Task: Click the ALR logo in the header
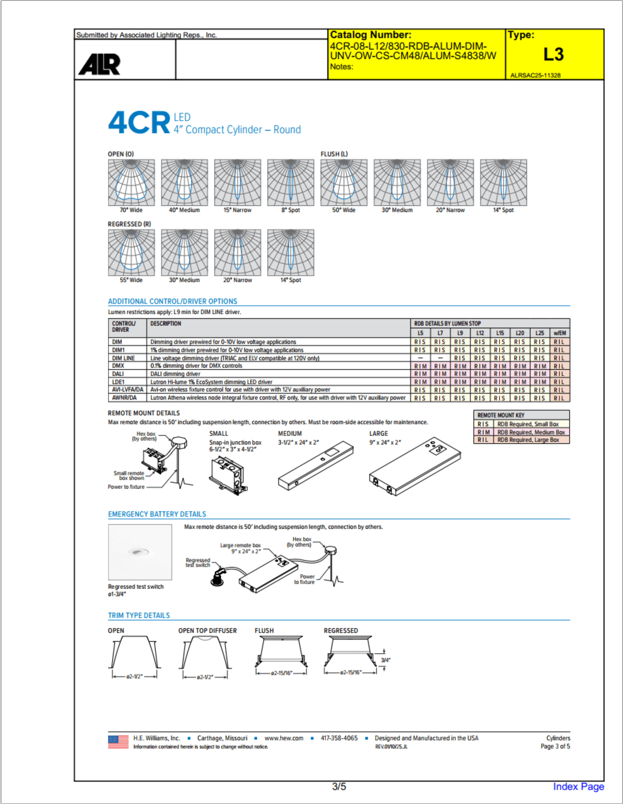pos(100,64)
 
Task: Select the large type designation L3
pos(554,55)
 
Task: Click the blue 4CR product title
pos(140,122)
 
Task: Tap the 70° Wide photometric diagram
pos(131,183)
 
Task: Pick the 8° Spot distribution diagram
pos(291,183)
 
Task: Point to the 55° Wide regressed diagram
pos(131,252)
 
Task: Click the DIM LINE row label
pos(123,358)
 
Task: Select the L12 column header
pos(480,333)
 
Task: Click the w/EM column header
pos(560,333)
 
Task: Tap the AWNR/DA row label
pos(124,398)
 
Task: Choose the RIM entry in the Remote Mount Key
pos(483,432)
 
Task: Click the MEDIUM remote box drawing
pos(316,465)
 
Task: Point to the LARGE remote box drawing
pos(415,467)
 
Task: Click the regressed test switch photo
pos(140,552)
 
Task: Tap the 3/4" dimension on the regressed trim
pos(385,660)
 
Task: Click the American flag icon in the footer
pos(118,742)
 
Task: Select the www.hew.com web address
pos(284,738)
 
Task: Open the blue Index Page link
pos(579,787)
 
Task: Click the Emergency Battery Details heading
pos(157,514)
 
